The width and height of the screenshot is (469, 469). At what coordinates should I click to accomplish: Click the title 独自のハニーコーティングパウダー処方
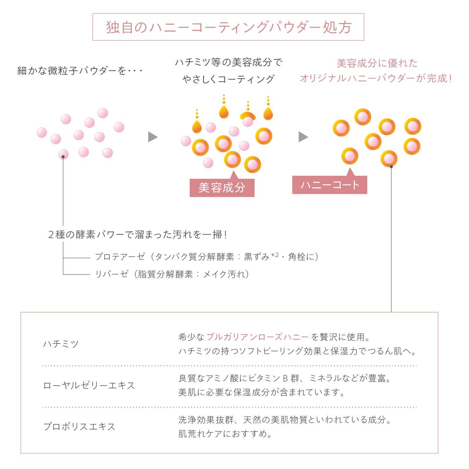pyautogui.click(x=228, y=27)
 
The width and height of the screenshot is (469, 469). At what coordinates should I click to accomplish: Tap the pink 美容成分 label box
pyautogui.click(x=222, y=188)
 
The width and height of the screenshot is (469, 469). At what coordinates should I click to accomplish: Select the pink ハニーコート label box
pyautogui.click(x=329, y=185)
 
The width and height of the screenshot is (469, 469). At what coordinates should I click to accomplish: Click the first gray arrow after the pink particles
pyautogui.click(x=152, y=137)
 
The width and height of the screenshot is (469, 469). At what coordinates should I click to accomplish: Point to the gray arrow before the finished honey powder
pyautogui.click(x=303, y=137)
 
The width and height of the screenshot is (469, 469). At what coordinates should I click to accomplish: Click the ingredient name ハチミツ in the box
pyautogui.click(x=61, y=344)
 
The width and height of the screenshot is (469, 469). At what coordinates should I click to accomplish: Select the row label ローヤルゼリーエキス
pyautogui.click(x=89, y=385)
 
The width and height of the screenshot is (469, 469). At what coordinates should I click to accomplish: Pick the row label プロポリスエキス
pyautogui.click(x=79, y=426)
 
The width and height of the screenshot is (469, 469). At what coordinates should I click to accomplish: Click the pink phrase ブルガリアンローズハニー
pyautogui.click(x=257, y=337)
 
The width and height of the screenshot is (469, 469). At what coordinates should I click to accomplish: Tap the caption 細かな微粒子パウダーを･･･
pyautogui.click(x=80, y=71)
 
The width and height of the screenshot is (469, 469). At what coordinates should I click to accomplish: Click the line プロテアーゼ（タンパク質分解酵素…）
pyautogui.click(x=207, y=257)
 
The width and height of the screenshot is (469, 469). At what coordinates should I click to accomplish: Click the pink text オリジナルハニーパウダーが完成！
pyautogui.click(x=376, y=78)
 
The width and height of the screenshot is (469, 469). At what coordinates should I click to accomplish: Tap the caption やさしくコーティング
pyautogui.click(x=228, y=79)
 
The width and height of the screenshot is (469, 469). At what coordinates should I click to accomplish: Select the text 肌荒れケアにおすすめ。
pyautogui.click(x=225, y=434)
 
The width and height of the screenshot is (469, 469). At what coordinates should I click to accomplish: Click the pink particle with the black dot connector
pyautogui.click(x=63, y=154)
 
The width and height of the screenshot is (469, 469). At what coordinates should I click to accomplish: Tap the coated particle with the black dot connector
pyautogui.click(x=389, y=159)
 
